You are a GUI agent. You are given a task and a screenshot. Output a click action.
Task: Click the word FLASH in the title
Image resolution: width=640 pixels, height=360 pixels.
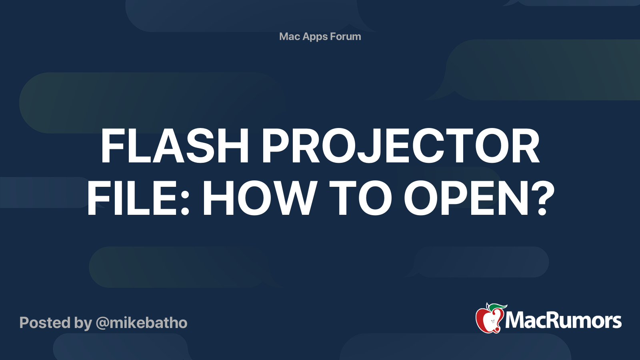(x=175, y=146)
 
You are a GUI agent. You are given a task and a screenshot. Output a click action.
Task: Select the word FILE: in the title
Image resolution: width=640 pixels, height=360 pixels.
(x=138, y=198)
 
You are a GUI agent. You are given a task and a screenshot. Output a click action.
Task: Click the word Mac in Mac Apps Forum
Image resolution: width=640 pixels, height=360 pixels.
(x=288, y=36)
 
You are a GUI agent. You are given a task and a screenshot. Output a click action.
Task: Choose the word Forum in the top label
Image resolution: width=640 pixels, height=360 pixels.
(x=346, y=36)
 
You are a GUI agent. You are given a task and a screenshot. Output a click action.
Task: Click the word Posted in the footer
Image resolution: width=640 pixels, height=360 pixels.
(x=45, y=322)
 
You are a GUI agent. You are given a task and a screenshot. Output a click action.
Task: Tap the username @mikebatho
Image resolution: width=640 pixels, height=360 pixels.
(x=142, y=323)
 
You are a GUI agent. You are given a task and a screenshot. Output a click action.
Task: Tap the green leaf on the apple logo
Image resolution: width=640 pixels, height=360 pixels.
(x=498, y=307)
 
